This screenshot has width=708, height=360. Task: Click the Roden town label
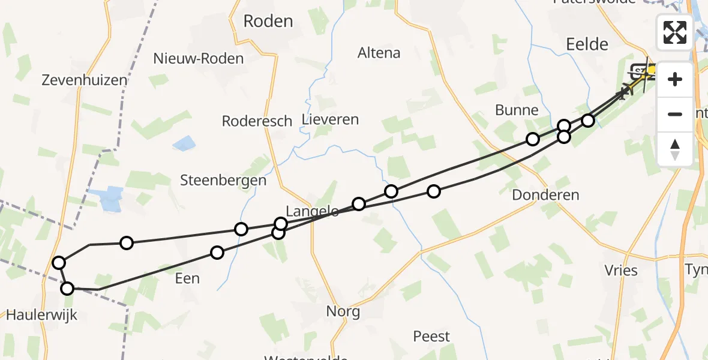pos(268,22)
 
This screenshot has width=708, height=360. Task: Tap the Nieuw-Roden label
pos(199,58)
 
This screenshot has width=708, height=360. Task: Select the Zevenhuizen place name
pos(85,80)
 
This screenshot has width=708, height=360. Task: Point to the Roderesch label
pos(257,121)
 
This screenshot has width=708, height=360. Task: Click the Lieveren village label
pos(331,119)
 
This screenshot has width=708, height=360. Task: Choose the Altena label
pos(379,53)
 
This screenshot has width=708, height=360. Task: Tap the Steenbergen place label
pos(223,180)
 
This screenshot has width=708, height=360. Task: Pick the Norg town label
pos(343,311)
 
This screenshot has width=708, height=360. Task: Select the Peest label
pos(431,336)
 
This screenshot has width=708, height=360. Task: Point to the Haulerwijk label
pos(41,314)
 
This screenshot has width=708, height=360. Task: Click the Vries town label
pos(622,271)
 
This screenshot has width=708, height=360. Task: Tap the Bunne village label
pos(517,110)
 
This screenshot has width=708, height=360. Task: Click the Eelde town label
pos(587,44)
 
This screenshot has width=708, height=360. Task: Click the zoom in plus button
pos(675,79)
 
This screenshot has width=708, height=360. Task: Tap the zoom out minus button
pos(675,114)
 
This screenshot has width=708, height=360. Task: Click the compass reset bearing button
pos(675,149)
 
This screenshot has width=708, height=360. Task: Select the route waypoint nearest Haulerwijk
pos(68,289)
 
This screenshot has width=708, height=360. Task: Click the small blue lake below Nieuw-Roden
pos(184,144)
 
